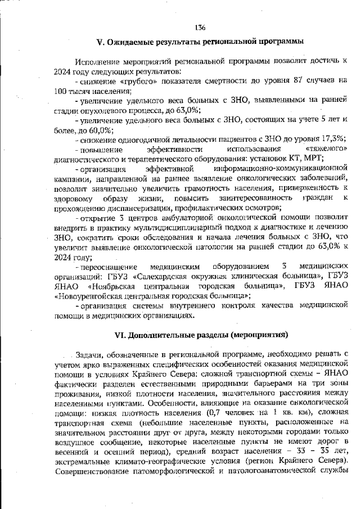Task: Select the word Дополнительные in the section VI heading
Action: pos(161,335)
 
